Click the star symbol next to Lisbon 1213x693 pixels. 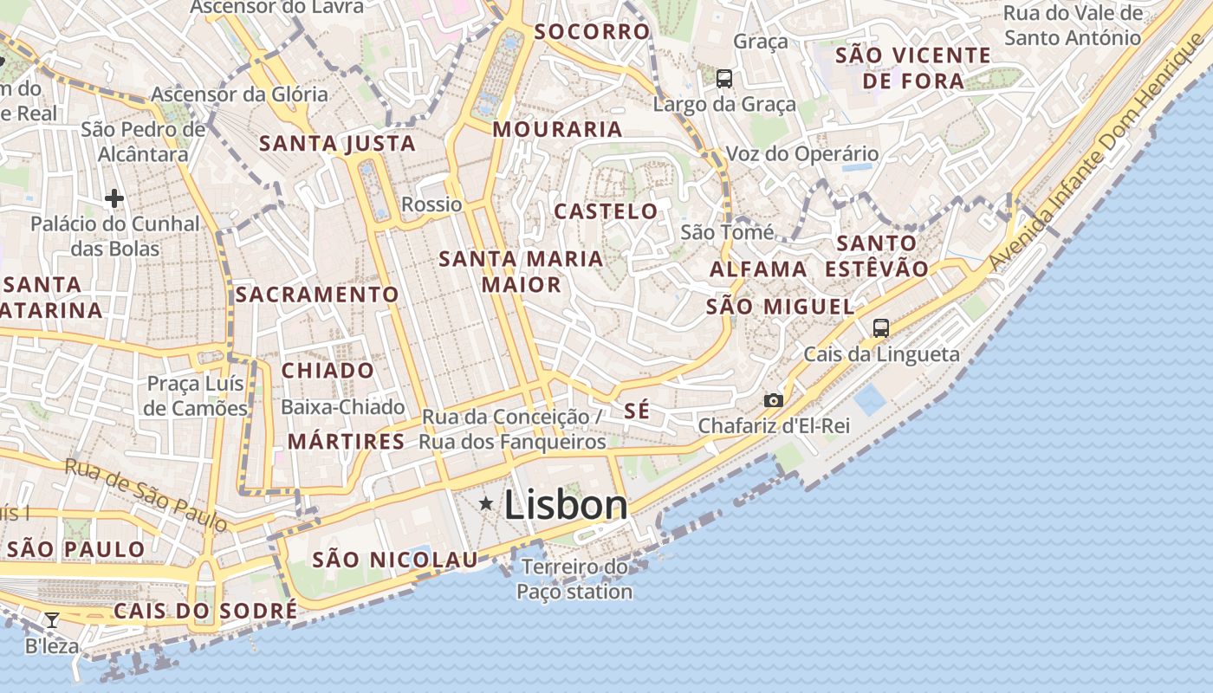(x=486, y=503)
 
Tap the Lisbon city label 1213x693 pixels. (x=565, y=505)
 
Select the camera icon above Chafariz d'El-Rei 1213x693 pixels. (x=774, y=400)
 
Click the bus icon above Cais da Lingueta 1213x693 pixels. (x=881, y=328)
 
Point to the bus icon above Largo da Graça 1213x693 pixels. (x=724, y=79)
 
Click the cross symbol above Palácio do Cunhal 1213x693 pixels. (x=114, y=198)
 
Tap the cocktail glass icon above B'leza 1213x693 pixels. (x=52, y=619)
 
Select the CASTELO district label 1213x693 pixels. (x=606, y=211)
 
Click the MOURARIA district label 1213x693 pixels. (x=558, y=130)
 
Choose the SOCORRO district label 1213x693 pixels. (x=592, y=32)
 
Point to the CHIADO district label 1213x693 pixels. (x=328, y=371)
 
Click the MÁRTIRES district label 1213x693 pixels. (x=346, y=442)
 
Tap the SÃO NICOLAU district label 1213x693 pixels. (x=395, y=560)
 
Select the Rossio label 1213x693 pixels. (x=431, y=204)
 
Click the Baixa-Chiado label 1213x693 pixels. (x=343, y=407)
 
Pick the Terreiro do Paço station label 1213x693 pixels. (x=574, y=580)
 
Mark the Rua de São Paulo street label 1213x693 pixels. (x=146, y=494)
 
